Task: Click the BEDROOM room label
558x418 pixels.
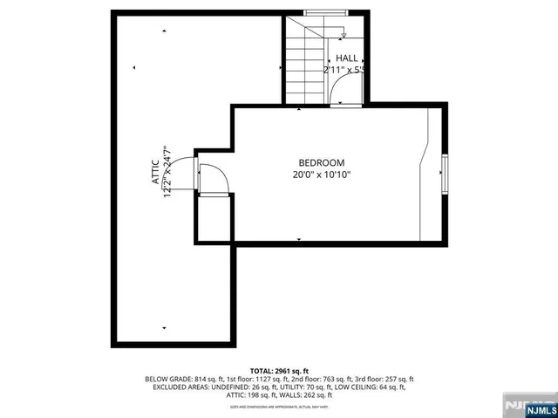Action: pos(322,162)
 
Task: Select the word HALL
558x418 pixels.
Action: pos(346,58)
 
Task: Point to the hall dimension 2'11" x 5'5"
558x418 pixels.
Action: pos(343,70)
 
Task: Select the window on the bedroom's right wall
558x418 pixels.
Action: pos(445,174)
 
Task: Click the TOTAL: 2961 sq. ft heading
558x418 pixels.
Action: pos(279,371)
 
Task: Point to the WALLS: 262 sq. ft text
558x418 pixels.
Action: pos(305,395)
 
